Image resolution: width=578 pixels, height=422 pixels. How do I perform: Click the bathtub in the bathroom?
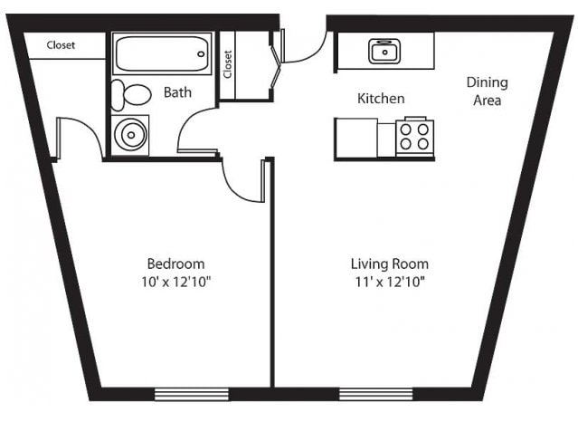[x=162, y=53]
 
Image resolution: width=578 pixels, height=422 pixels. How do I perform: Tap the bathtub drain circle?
[x=201, y=54]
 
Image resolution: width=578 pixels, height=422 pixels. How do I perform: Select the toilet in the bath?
[x=131, y=95]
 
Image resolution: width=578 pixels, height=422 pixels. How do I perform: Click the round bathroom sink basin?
[x=130, y=135]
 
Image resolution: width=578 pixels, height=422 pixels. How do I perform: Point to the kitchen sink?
[x=384, y=52]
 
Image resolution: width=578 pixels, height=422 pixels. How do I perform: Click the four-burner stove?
[x=414, y=136]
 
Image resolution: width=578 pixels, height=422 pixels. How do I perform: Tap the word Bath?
[x=177, y=92]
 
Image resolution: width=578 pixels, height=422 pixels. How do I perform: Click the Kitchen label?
[x=381, y=98]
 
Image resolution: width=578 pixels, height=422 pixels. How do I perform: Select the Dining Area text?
[x=487, y=91]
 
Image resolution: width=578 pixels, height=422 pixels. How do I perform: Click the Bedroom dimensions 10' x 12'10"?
[x=175, y=282]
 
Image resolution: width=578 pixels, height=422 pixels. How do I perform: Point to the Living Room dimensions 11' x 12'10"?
[x=390, y=282]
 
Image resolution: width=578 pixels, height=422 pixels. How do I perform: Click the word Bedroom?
[x=175, y=264]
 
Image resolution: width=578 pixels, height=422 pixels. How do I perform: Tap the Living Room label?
[x=390, y=264]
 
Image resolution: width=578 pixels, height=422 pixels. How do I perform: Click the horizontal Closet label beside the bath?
[x=61, y=45]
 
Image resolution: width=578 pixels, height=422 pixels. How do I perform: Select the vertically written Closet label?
[x=228, y=64]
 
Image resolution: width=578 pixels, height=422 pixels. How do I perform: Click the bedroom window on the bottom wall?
[x=192, y=394]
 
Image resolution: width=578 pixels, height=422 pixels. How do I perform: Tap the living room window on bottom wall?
[x=375, y=394]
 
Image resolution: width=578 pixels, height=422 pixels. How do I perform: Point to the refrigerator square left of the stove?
[x=356, y=138]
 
